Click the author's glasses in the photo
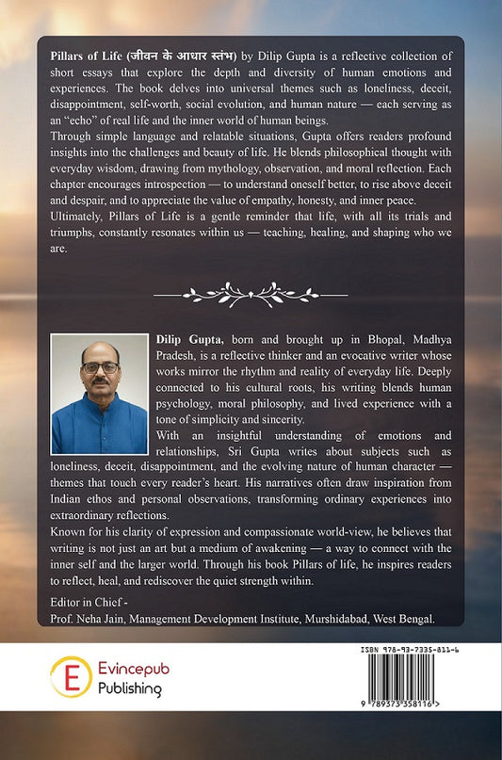pyautogui.click(x=99, y=367)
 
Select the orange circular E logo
pyautogui.click(x=68, y=678)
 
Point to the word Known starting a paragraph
pyautogui.click(x=69, y=544)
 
